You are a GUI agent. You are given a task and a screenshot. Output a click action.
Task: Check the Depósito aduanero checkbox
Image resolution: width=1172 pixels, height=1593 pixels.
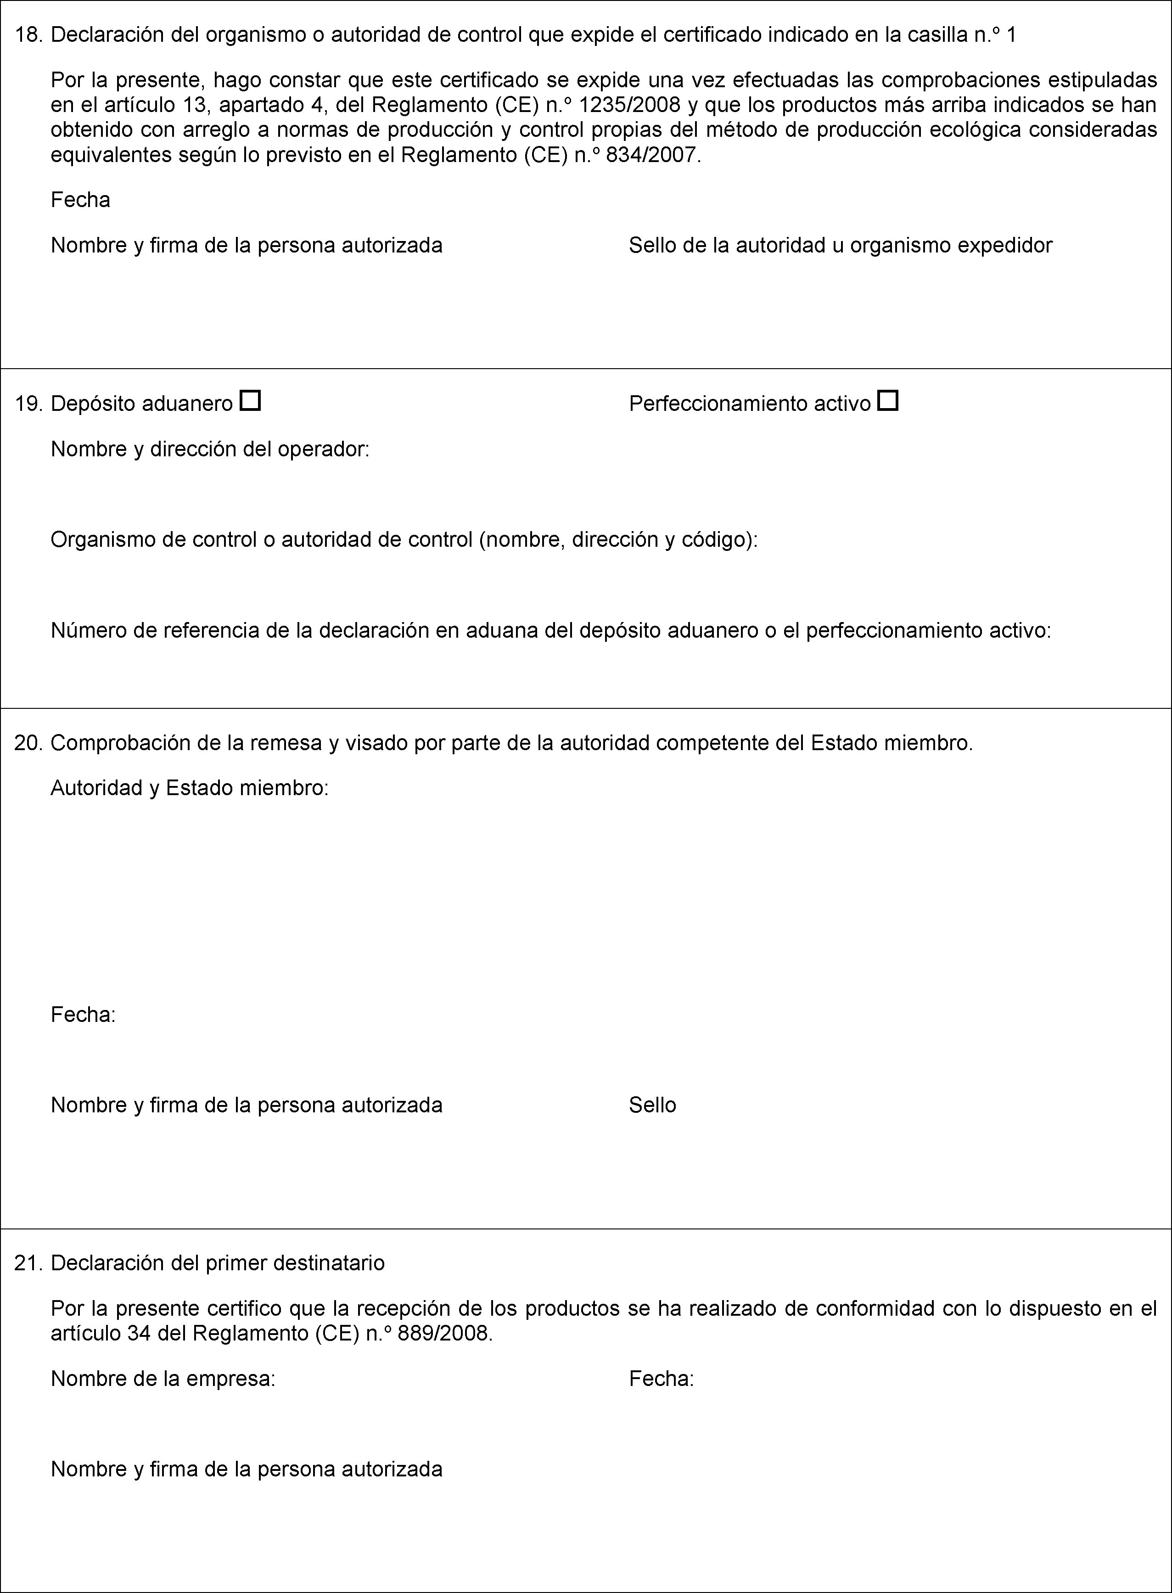coord(251,401)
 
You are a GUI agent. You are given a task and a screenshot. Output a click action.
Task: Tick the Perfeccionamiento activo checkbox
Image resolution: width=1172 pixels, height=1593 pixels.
coord(887,401)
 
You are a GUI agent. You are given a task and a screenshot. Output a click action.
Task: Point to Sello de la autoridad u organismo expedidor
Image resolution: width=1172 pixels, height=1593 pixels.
coord(840,246)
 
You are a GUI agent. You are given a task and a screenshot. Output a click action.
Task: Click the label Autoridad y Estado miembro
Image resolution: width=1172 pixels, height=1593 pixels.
coord(190,788)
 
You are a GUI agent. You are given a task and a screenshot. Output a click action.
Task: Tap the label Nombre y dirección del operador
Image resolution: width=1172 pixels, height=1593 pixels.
coord(210,449)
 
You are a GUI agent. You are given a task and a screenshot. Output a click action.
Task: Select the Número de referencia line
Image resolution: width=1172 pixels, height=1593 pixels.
coord(550,630)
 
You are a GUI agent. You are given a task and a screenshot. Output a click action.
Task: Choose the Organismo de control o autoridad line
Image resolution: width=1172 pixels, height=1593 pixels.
coord(404,540)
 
